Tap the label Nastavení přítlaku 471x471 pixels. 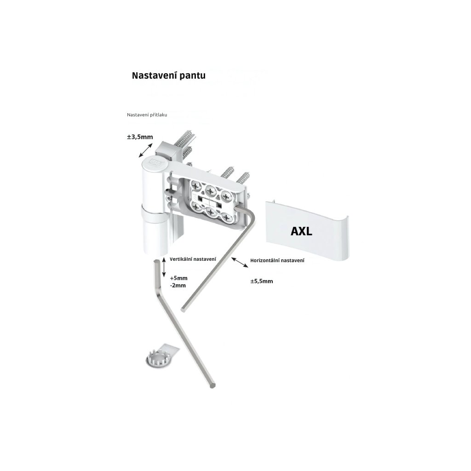pos(147,115)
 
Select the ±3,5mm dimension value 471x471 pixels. pos(140,137)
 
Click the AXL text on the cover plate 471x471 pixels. pos(301,231)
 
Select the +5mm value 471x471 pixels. pos(178,278)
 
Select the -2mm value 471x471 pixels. pos(178,285)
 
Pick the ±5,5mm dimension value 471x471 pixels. pos(261,281)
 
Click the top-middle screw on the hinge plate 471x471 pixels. pos(212,189)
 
